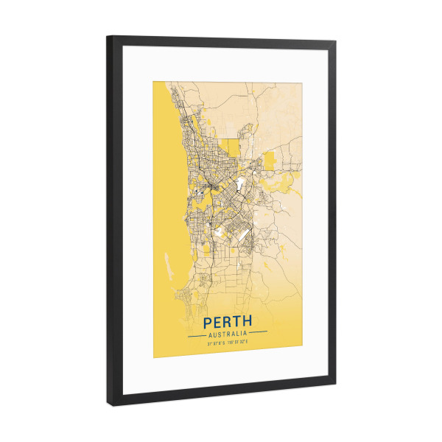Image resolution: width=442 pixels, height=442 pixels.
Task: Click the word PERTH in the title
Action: (228, 322)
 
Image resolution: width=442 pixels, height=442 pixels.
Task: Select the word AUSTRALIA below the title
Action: (228, 334)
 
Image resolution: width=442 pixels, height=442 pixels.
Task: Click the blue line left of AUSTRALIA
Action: (197, 334)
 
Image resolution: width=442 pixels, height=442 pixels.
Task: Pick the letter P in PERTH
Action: (208, 322)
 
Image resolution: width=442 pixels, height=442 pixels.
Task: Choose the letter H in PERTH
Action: (248, 322)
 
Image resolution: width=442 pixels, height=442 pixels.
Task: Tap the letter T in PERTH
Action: (237, 322)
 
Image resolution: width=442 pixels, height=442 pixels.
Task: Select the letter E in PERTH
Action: (217, 322)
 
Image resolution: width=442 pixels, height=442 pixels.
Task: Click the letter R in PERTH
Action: (228, 322)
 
